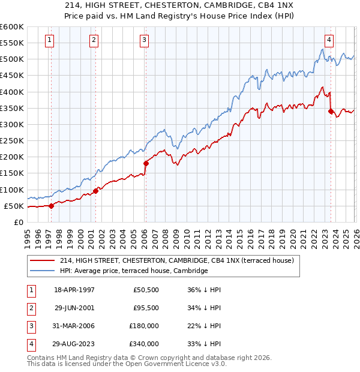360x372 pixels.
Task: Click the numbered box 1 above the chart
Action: tap(49, 40)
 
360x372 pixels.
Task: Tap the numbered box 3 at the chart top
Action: tap(145, 40)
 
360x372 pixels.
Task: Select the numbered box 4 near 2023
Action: tap(329, 40)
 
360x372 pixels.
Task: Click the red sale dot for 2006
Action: tap(146, 163)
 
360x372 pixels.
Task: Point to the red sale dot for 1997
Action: tap(51, 205)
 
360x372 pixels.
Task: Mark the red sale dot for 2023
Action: tap(331, 111)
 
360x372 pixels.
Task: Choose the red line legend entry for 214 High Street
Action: tap(176, 260)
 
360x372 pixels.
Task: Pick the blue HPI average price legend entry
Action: tap(133, 271)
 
